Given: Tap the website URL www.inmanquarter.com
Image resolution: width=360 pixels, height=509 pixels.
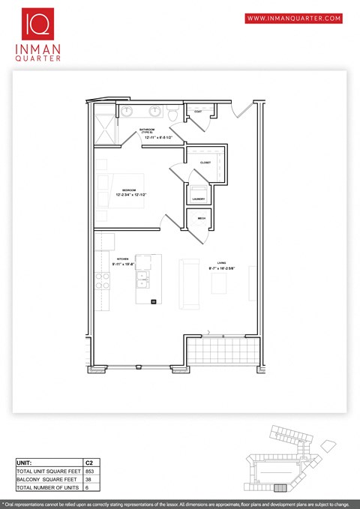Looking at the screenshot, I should (x=293, y=17).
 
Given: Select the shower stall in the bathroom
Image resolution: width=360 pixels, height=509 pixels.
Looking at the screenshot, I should (x=104, y=124).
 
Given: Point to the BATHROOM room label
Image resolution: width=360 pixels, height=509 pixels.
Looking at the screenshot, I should (x=148, y=130).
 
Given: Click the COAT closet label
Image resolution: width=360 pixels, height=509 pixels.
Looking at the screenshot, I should (x=198, y=112).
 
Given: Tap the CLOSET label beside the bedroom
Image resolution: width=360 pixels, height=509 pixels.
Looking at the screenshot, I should (x=205, y=163).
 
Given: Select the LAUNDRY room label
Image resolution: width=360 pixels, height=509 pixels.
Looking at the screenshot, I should (x=199, y=199).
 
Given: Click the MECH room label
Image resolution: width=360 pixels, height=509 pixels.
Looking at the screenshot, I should (x=202, y=218).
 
